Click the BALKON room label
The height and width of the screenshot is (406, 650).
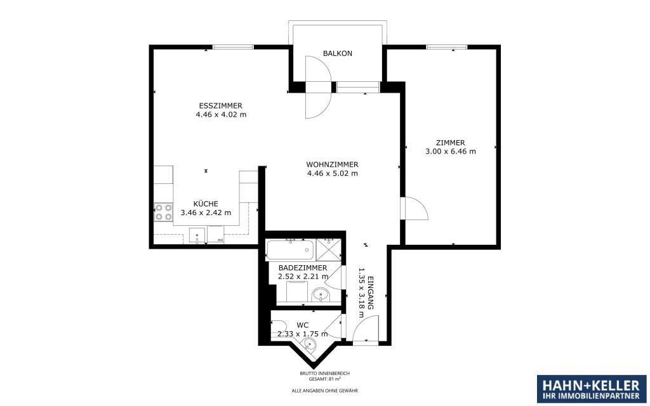(x=338, y=53)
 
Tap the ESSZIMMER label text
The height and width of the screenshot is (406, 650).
(x=220, y=106)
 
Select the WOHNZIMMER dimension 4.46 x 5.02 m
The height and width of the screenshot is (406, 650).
(x=332, y=174)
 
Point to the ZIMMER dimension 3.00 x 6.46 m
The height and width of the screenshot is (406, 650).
(x=451, y=152)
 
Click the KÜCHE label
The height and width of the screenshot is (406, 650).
(x=206, y=204)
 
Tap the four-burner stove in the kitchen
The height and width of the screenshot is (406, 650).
(x=163, y=212)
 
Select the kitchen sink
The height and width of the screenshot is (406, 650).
(x=198, y=235)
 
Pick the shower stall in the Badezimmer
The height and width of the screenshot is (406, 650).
(x=328, y=250)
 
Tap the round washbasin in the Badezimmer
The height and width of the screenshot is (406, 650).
(x=321, y=295)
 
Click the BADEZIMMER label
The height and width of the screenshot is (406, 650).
(x=303, y=268)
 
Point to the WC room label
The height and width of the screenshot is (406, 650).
(x=303, y=325)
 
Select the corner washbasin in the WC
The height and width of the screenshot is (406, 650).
(x=308, y=344)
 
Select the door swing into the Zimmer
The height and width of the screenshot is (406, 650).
(x=414, y=208)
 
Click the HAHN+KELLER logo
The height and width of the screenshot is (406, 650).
(x=592, y=390)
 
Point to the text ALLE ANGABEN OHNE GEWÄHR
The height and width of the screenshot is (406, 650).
(x=324, y=390)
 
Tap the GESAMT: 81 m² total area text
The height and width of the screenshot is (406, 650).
(x=324, y=379)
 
